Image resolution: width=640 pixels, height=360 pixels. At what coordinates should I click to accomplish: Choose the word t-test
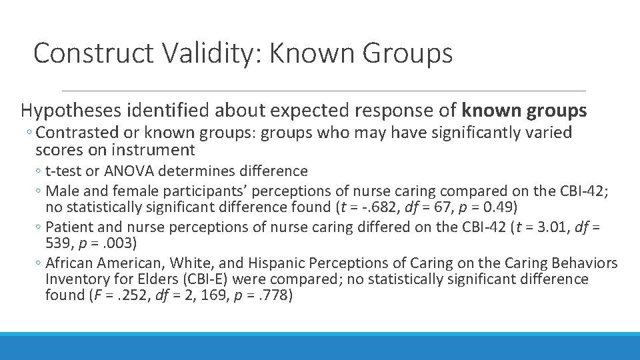[x=65, y=171]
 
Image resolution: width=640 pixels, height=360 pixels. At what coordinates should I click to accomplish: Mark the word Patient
[x=71, y=227]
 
